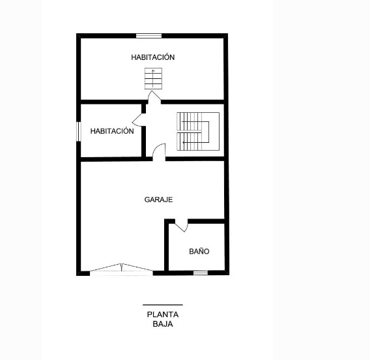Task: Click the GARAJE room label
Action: (158, 200)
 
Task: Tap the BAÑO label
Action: (199, 251)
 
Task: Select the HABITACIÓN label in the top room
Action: (152, 57)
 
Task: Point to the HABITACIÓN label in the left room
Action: (112, 131)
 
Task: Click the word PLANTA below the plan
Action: (163, 314)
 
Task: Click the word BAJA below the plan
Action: (163, 324)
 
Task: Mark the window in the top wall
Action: (149, 36)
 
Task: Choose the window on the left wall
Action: (79, 132)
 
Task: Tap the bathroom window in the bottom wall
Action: (201, 273)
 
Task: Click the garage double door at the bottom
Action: (121, 269)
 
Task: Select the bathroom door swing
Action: (182, 226)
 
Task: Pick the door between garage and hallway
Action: (159, 153)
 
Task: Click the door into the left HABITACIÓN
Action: (139, 120)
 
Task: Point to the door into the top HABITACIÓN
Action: (154, 97)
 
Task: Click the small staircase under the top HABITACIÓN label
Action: (153, 79)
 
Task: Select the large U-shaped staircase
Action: (198, 131)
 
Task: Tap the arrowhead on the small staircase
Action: (153, 70)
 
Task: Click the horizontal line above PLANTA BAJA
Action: (163, 305)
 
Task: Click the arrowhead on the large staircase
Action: (183, 142)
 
